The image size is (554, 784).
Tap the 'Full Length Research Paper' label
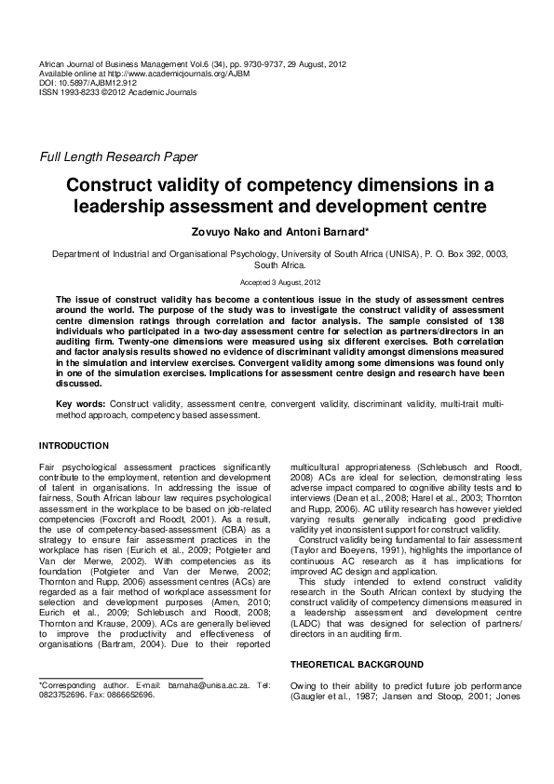[117, 156]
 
